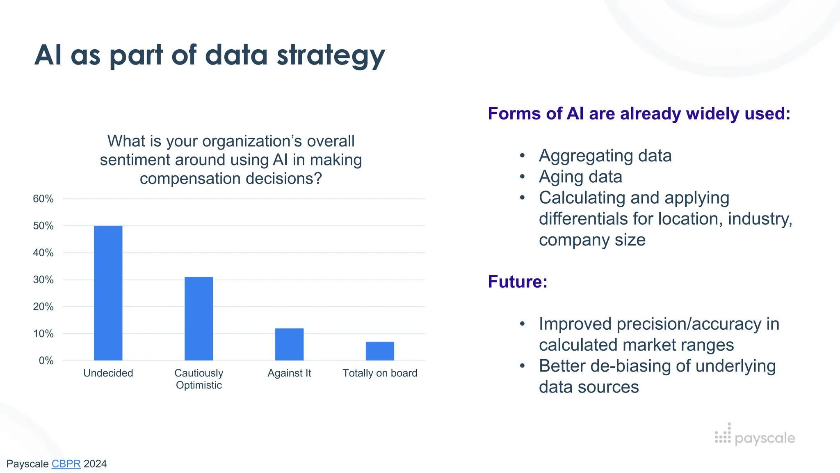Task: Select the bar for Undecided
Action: tap(108, 293)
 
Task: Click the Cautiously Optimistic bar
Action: tap(199, 319)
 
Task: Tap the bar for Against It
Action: tap(290, 344)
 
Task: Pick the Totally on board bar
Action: tap(380, 351)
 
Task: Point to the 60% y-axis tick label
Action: tap(43, 199)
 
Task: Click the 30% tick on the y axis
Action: tap(43, 280)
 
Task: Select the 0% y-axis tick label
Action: tap(46, 360)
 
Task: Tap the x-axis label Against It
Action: tap(290, 373)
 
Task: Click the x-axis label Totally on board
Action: tap(380, 373)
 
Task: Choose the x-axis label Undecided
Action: tap(108, 373)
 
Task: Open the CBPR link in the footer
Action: tap(66, 464)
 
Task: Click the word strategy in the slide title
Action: tap(331, 55)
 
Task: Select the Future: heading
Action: tap(518, 282)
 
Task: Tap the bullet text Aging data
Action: tap(580, 177)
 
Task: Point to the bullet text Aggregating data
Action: tap(605, 156)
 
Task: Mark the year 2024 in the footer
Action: tap(95, 464)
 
